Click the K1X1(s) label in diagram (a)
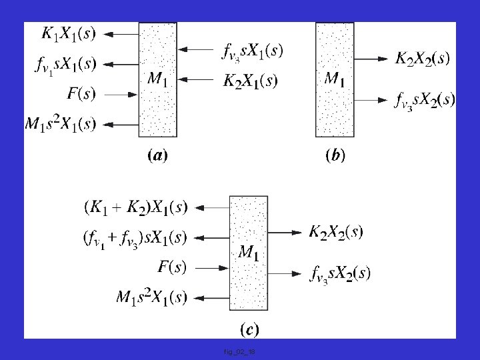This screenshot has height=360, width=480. tap(69, 33)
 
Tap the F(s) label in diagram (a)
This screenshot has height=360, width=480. tap(81, 94)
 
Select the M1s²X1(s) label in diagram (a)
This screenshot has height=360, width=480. tap(61, 123)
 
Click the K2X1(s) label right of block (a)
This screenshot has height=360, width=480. tap(250, 81)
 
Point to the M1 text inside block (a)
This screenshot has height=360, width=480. tap(157, 79)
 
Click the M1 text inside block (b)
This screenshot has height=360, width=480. tap(334, 79)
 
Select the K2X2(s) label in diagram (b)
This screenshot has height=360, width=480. tap(423, 59)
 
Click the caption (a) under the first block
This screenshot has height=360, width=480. tap(157, 157)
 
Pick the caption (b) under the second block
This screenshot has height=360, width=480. tap(335, 157)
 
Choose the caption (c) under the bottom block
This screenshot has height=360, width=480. tap(249, 329)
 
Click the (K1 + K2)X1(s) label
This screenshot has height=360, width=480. tap(136, 207)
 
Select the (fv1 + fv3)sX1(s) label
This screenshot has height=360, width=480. tap(135, 237)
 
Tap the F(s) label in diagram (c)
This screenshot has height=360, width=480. tap(172, 267)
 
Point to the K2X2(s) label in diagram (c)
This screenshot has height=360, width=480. tap(336, 232)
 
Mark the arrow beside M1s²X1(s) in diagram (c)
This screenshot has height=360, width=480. tap(213, 297)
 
